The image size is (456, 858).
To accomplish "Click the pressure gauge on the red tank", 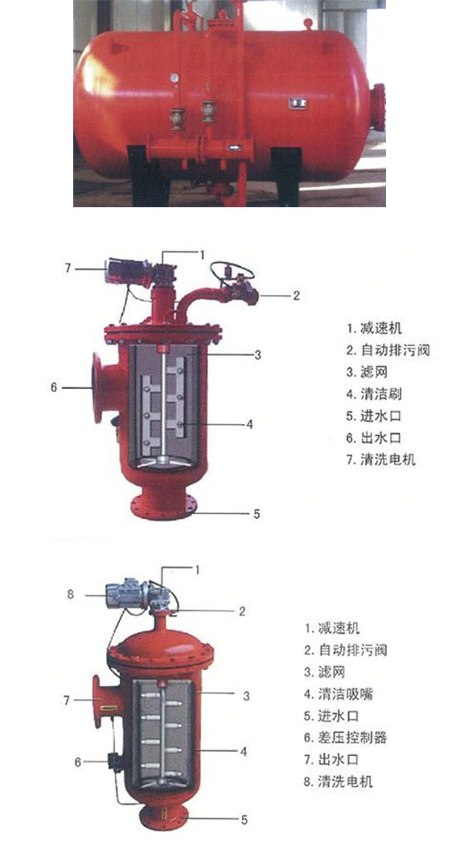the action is pos(175,78).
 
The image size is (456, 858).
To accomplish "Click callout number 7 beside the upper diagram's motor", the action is pos(68,268).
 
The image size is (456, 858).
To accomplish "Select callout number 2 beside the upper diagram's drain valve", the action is pos(297,296).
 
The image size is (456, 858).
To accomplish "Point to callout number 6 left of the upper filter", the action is pos(54,387).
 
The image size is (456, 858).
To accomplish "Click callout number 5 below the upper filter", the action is pos(257,514).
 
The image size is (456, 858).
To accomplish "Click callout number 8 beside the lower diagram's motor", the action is pos(70,593).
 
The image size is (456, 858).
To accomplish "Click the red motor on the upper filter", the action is pos(128,272).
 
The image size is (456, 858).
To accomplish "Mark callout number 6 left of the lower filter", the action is pos(77,762).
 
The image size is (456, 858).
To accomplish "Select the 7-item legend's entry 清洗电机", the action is pos(388,460).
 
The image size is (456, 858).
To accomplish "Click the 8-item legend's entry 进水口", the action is pos(339,716).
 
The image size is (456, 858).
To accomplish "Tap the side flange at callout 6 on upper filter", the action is pos(98,388).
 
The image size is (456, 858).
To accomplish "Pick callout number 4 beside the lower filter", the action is pos(244,751).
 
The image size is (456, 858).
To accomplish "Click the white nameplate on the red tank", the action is pos(298,101).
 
